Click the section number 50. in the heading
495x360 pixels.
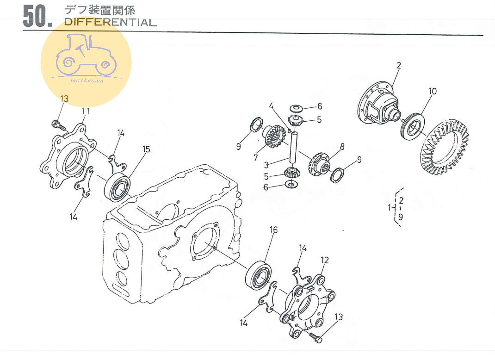coord(37,16)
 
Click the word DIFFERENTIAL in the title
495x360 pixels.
coord(110,22)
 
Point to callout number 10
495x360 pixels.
coord(433,91)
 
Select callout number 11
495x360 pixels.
coord(86,111)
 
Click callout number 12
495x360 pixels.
coord(325,260)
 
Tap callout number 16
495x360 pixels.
coord(273,230)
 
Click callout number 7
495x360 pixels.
coord(255,157)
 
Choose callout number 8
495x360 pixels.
coord(342,146)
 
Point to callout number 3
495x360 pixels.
coord(266,165)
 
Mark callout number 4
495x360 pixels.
coord(271,106)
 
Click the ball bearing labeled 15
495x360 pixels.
coord(118,187)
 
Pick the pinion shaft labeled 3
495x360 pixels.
coord(294,148)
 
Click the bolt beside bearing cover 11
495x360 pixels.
coord(59,125)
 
